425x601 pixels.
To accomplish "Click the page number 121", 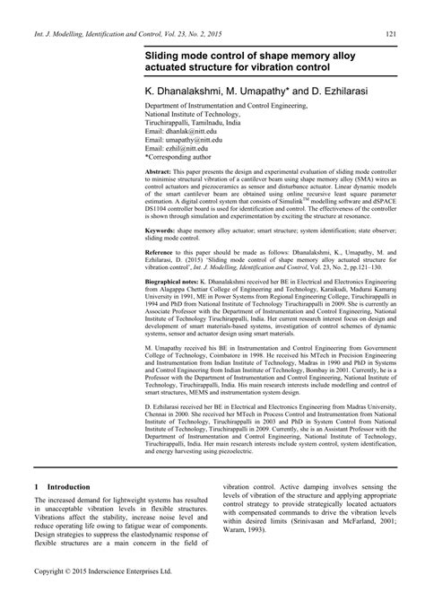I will coord(392,34).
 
